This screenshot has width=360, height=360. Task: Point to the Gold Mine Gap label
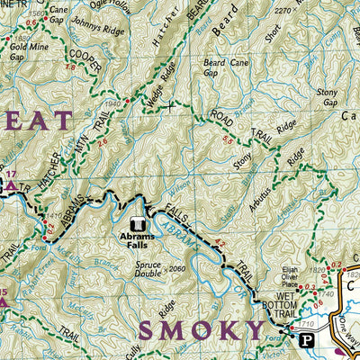[25, 47]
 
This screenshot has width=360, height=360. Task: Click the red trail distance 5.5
[227, 142]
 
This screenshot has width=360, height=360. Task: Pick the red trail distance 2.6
[103, 142]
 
